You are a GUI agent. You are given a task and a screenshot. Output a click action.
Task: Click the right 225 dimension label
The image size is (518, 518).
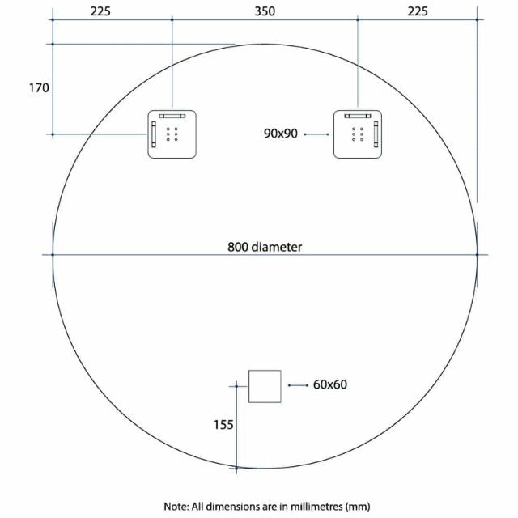coord(417,11)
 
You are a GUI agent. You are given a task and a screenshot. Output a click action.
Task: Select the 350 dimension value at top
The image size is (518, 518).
coord(265,11)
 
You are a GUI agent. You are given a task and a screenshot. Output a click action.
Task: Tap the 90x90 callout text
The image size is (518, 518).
coord(281,134)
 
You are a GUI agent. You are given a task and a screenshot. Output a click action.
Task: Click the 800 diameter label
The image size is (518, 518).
coord(265,247)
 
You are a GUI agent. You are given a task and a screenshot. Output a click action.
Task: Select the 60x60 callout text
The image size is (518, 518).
coord(330,384)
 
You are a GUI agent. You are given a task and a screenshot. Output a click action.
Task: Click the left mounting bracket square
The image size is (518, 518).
coord(172,134)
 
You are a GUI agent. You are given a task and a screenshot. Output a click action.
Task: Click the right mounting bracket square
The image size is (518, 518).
coord(357,134)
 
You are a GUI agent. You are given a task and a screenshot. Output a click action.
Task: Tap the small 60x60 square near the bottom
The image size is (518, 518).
coord(265,385)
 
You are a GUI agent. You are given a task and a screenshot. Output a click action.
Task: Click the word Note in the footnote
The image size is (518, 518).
coord(175,507)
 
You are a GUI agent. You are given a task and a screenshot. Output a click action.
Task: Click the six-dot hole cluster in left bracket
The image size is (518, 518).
coord(172,134)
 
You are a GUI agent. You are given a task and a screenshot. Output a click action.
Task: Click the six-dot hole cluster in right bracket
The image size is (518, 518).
coord(357,134)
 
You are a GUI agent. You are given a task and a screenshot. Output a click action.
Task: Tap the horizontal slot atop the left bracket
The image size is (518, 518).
coord(172,116)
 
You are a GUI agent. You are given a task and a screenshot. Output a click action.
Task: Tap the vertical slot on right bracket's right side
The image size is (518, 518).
coord(376,134)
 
